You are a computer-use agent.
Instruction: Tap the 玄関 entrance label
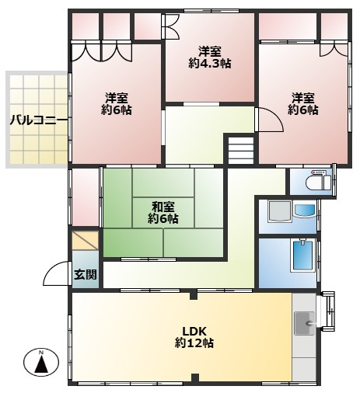click(x=86, y=274)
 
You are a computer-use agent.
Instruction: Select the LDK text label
click(x=194, y=331)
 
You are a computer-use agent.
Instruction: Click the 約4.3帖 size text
click(x=210, y=64)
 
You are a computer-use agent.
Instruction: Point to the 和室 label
click(x=163, y=207)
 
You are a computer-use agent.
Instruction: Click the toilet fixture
click(x=318, y=183)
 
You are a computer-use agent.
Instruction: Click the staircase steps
click(x=241, y=150)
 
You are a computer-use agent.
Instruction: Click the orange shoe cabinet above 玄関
click(x=85, y=241)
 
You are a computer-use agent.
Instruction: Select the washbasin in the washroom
click(x=305, y=210)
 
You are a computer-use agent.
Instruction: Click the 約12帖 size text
click(x=194, y=343)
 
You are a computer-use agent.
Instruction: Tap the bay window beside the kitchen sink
click(x=327, y=311)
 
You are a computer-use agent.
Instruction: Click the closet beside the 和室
click(x=85, y=197)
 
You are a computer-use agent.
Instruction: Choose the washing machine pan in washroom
click(x=280, y=211)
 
